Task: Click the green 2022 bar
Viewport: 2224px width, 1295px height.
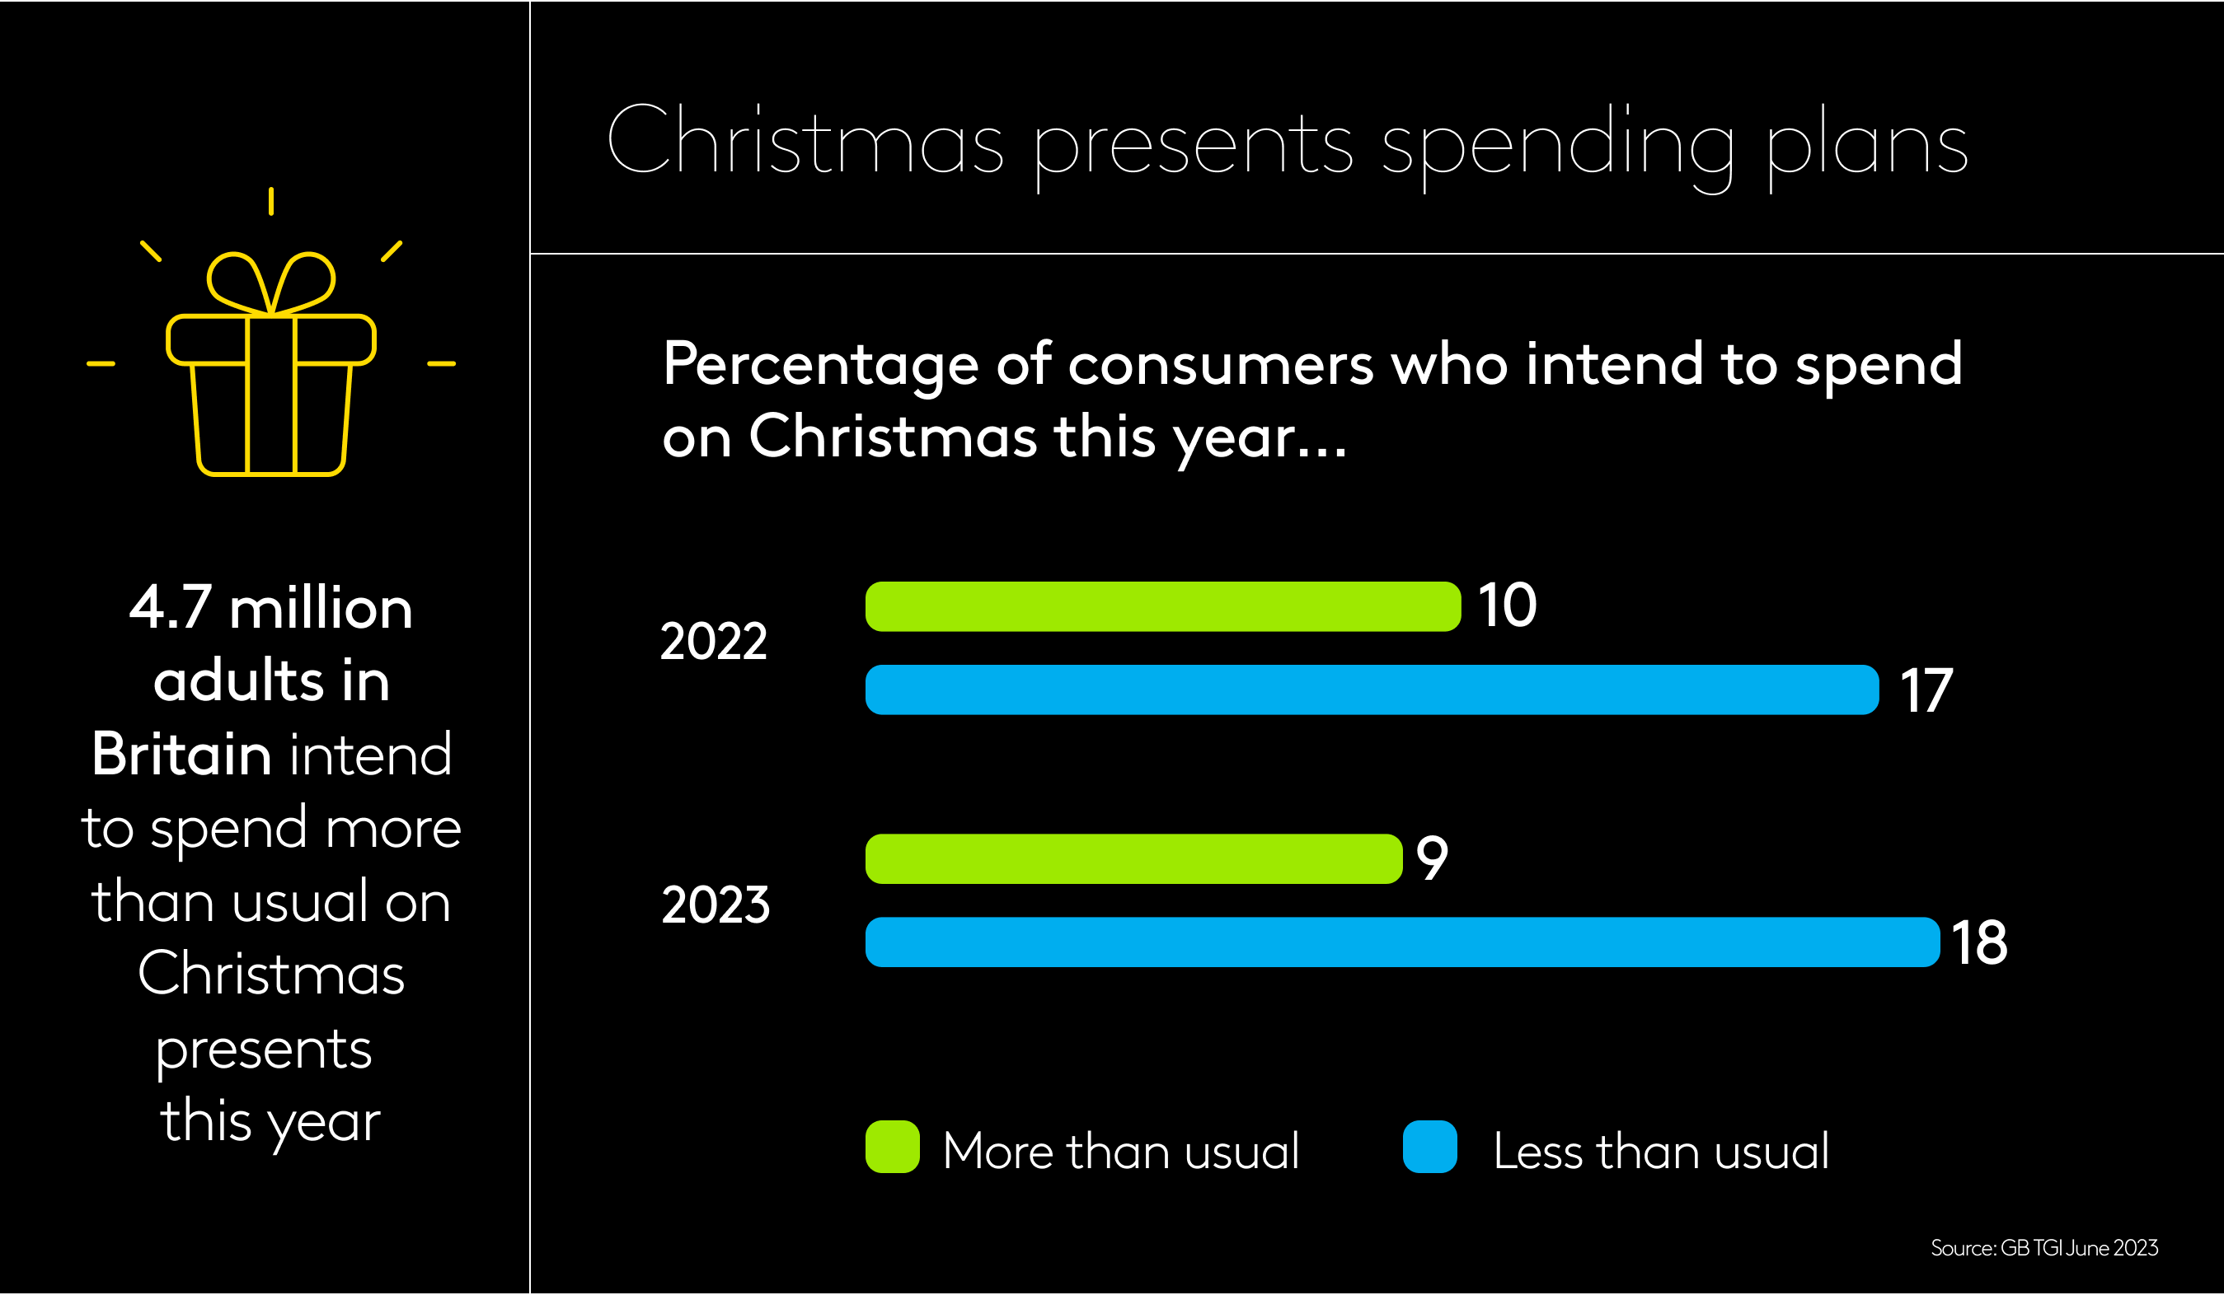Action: pos(1162,606)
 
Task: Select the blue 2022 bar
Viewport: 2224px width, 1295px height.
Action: pos(1372,690)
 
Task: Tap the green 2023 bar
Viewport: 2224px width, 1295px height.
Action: pos(1133,858)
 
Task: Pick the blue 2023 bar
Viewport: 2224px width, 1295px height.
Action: pos(1402,942)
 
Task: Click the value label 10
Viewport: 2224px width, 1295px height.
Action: pos(1508,606)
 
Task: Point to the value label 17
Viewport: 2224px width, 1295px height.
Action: pos(1926,690)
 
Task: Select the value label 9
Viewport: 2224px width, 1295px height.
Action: pos(1432,858)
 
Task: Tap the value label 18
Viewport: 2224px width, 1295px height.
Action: pos(1979,942)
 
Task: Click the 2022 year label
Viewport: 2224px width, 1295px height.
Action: pos(713,642)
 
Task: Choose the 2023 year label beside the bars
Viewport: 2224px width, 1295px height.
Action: pos(715,905)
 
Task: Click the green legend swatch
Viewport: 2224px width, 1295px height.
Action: pos(892,1147)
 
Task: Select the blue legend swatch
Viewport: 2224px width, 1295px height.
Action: pos(1429,1147)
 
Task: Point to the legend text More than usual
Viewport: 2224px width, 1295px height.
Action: pos(1121,1151)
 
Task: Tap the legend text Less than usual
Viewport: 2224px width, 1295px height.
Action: pos(1661,1151)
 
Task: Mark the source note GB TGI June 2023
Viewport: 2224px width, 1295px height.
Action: pos(2044,1248)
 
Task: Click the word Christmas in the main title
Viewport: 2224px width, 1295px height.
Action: pos(805,141)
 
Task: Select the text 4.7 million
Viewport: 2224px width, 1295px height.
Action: pos(271,609)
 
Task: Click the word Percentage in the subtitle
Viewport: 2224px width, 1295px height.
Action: pos(821,364)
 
